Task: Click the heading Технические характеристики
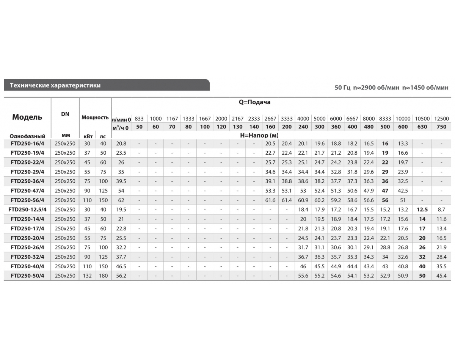click(55, 85)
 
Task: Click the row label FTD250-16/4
click(28, 144)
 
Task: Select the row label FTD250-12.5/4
click(27, 210)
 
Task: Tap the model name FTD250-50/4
click(28, 276)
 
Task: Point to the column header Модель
click(27, 117)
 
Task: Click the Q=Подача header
click(254, 102)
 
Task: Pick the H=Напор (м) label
click(259, 135)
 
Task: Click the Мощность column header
click(95, 117)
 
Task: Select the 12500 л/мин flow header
click(441, 119)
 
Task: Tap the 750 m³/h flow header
click(441, 127)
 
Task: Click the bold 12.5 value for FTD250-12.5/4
click(422, 210)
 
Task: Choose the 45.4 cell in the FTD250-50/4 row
click(441, 276)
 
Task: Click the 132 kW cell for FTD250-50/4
click(87, 276)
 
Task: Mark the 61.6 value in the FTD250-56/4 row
click(270, 200)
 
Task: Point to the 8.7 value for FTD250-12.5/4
click(441, 210)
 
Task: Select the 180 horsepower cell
click(103, 276)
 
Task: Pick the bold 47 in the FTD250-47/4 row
click(385, 191)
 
